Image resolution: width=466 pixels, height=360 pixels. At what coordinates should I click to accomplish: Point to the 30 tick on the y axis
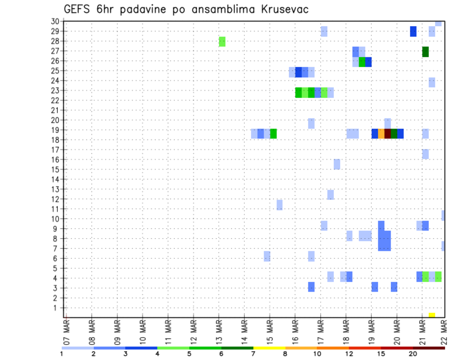pyautogui.click(x=55, y=21)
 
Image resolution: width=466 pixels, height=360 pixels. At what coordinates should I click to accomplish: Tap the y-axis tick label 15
pyautogui.click(x=55, y=169)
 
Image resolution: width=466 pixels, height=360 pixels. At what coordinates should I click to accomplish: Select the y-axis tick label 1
pyautogui.click(x=57, y=308)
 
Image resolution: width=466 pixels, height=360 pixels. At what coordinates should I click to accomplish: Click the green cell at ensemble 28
pyautogui.click(x=222, y=41)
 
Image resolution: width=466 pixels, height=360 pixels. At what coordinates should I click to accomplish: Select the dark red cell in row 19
pyautogui.click(x=387, y=133)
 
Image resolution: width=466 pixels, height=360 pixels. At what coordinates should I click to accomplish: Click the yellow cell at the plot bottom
pyautogui.click(x=432, y=315)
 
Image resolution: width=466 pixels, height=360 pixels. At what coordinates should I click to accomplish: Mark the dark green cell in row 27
pyautogui.click(x=425, y=51)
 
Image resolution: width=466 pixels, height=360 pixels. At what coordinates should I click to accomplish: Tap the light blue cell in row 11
pyautogui.click(x=279, y=205)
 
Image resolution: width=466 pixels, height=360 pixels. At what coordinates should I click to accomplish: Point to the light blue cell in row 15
pyautogui.click(x=336, y=164)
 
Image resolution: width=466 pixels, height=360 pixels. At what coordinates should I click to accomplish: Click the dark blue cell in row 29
pyautogui.click(x=413, y=32)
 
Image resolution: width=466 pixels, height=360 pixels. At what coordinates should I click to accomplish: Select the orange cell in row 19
pyautogui.click(x=381, y=133)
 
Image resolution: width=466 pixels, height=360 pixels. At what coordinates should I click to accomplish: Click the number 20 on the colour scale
pyautogui.click(x=413, y=354)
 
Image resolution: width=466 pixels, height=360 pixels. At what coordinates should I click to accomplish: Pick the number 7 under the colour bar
pyautogui.click(x=253, y=354)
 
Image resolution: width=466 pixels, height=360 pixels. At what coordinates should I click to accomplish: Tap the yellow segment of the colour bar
pyautogui.click(x=269, y=348)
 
